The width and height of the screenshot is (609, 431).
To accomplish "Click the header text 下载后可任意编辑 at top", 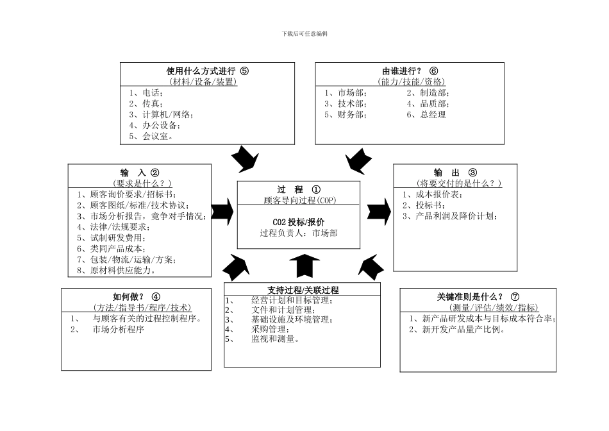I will point(304,33).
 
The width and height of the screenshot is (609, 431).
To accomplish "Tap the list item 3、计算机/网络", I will point(161,114).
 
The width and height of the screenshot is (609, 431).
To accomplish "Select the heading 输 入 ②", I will point(140,173).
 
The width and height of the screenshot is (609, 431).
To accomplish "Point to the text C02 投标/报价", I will point(299,222).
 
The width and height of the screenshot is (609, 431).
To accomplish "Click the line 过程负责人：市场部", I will point(299,233).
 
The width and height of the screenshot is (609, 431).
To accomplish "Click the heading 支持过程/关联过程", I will point(303,290).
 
